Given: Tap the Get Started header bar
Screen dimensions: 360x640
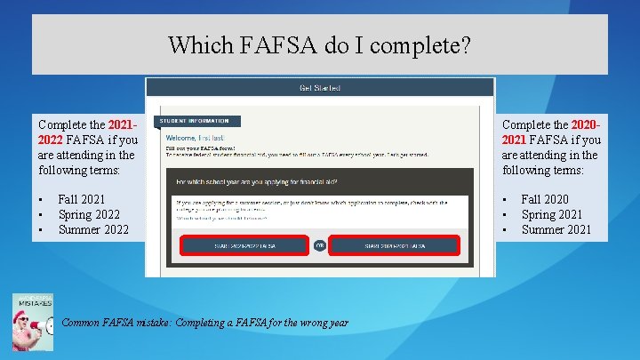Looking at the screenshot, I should [x=319, y=87].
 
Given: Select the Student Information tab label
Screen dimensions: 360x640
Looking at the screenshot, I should [x=196, y=121].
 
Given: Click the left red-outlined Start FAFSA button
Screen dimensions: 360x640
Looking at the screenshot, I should [x=244, y=244].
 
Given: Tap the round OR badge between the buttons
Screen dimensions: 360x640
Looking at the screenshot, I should [x=319, y=244].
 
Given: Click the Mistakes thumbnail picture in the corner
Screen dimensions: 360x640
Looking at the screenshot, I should [x=32, y=321].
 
